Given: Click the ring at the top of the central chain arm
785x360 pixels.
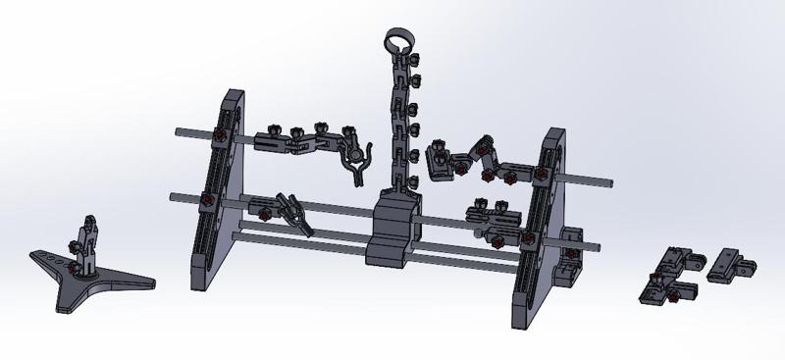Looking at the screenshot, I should tap(397, 42).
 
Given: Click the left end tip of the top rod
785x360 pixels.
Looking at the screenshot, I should tap(178, 130).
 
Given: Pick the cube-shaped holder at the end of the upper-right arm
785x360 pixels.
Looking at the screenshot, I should tap(438, 165).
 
